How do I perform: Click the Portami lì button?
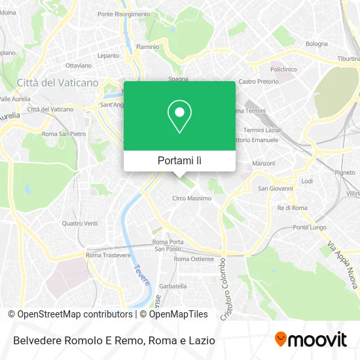(180, 160)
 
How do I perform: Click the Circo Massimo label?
(192, 198)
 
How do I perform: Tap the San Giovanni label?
(273, 189)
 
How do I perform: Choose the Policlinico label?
(283, 69)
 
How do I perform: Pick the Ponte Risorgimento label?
(124, 14)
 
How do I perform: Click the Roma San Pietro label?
(63, 134)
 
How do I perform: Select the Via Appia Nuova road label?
(342, 265)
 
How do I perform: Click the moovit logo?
(310, 339)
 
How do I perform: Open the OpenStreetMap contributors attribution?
(66, 314)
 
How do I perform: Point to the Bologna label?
(316, 44)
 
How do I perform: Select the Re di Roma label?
(292, 207)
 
